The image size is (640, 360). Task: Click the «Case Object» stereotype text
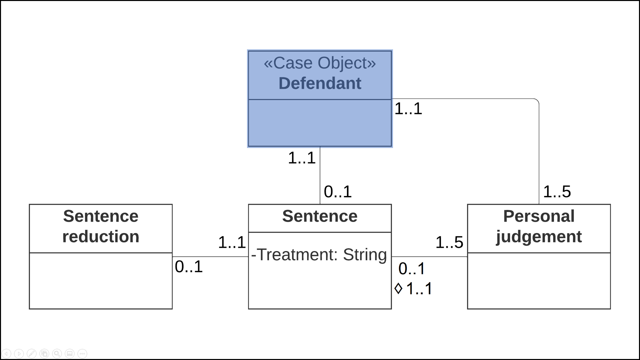click(320, 63)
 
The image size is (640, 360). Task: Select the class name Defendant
click(320, 83)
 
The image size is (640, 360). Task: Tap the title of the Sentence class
click(320, 216)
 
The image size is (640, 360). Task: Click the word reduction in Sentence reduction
click(101, 237)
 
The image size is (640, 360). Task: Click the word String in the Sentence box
click(365, 255)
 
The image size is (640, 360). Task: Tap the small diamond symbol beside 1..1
click(398, 288)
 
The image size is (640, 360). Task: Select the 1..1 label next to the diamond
click(419, 289)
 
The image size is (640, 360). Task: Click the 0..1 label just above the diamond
click(412, 269)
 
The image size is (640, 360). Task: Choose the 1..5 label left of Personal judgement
click(449, 242)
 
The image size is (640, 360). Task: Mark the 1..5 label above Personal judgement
click(557, 192)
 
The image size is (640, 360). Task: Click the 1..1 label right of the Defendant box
click(408, 109)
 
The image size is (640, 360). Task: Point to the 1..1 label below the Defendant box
click(301, 158)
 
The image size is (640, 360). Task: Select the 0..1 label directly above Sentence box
click(337, 192)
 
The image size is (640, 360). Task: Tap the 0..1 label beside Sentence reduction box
click(188, 267)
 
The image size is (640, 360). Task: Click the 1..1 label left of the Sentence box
click(232, 242)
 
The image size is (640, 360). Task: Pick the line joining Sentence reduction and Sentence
click(210, 257)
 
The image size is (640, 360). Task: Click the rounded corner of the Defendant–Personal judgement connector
click(537, 101)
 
